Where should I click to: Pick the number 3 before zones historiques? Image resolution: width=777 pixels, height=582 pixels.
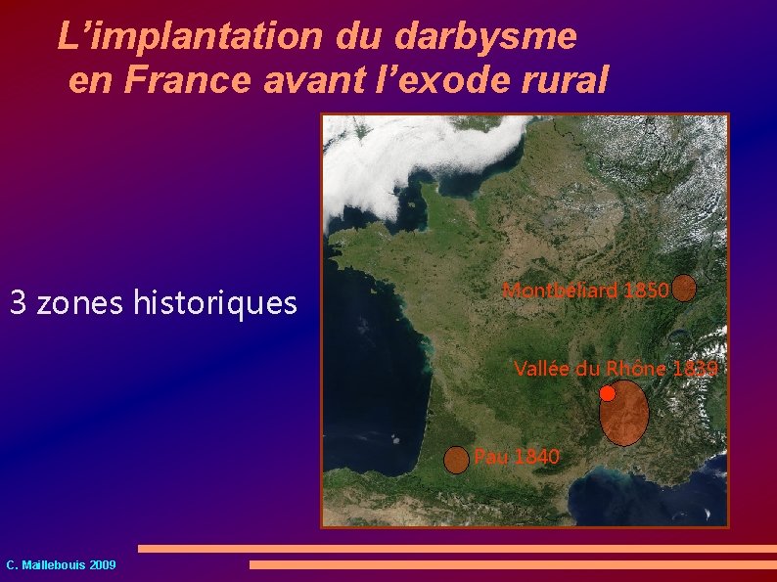18,303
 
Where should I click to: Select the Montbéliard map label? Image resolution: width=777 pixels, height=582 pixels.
560,290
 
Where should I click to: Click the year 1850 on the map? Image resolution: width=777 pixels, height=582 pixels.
647,290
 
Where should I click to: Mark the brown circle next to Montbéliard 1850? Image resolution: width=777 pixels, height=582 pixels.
685,287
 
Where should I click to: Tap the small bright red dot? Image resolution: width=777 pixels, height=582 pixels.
608,393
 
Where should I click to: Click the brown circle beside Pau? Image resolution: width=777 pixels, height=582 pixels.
456,460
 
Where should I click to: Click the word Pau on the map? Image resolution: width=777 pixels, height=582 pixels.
487,456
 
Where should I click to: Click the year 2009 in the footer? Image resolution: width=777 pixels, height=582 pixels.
102,565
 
